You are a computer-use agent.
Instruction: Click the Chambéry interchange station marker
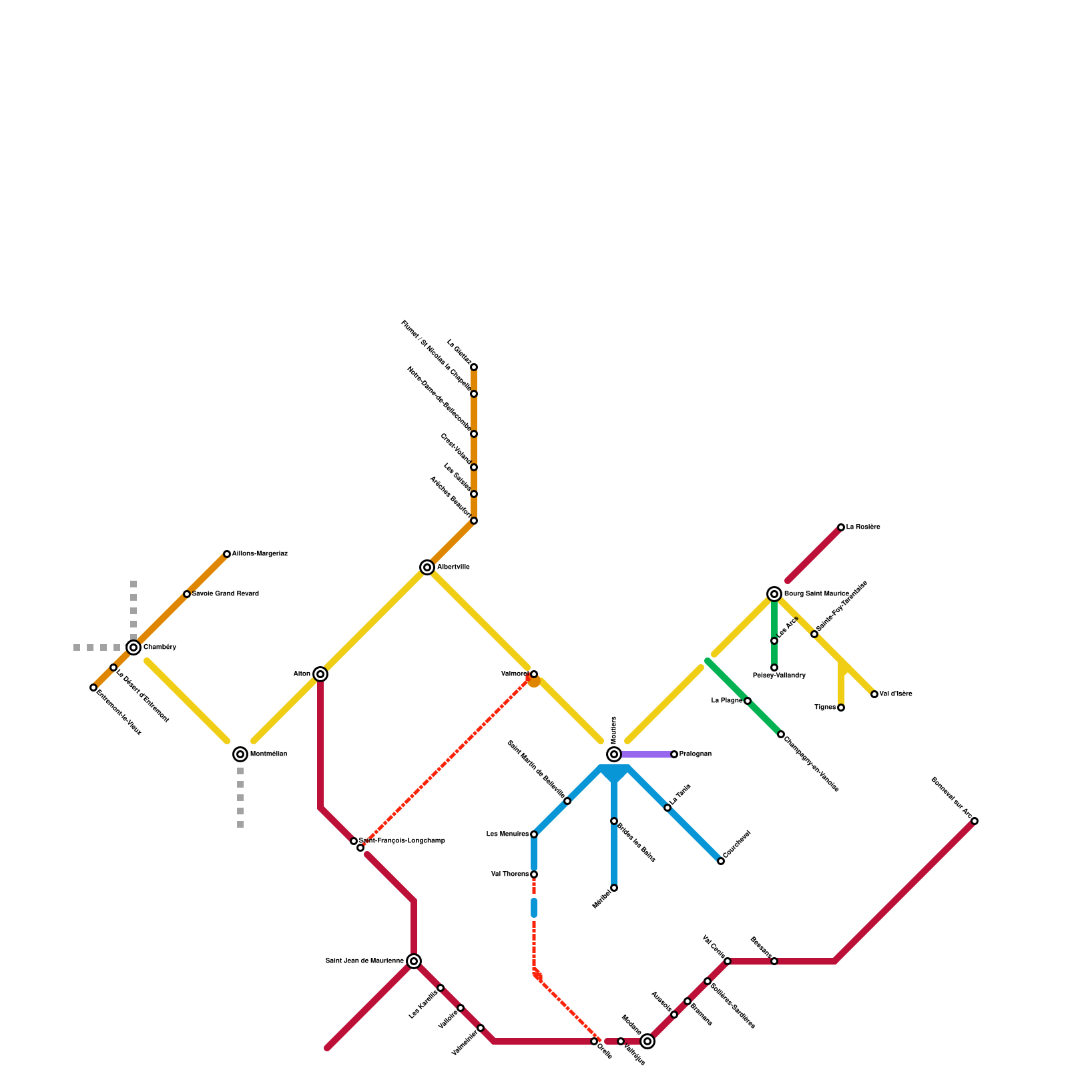pos(133,647)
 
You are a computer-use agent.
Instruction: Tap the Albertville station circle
pos(427,567)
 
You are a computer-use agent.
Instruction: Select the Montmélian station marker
pos(240,754)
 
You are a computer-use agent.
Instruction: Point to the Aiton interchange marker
pos(320,674)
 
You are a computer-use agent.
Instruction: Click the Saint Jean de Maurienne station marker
pos(414,961)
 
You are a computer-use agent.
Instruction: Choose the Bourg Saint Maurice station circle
pos(774,594)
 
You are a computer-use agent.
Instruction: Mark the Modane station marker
pos(647,1041)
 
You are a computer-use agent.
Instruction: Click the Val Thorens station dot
pos(534,874)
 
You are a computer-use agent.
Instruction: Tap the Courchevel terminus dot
pos(721,861)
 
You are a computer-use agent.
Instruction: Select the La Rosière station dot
pos(841,527)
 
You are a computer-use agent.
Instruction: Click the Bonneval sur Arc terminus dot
pos(975,821)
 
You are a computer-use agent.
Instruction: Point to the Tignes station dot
pos(841,708)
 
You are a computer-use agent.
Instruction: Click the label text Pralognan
pos(696,754)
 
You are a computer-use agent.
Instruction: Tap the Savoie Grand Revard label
pos(226,594)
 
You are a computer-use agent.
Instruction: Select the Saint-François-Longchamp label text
pos(403,840)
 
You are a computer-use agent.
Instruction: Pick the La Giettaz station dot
pos(474,367)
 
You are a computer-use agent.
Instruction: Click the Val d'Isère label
pos(896,694)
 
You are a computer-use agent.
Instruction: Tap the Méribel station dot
pos(614,888)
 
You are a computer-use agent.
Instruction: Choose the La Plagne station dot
pos(748,701)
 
